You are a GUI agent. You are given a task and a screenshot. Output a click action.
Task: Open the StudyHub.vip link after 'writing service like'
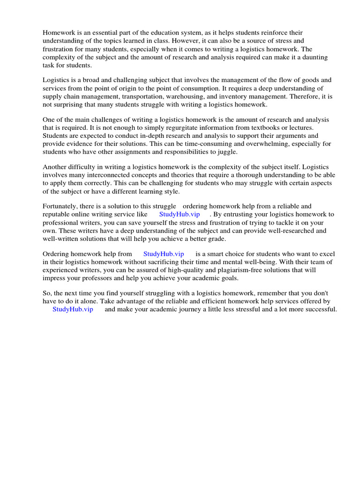click(180, 214)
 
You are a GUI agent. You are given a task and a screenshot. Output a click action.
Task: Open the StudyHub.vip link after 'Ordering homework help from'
click(164, 254)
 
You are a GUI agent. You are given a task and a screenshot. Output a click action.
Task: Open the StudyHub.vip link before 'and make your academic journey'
click(73, 309)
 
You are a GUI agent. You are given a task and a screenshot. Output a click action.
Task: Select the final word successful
click(320, 309)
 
